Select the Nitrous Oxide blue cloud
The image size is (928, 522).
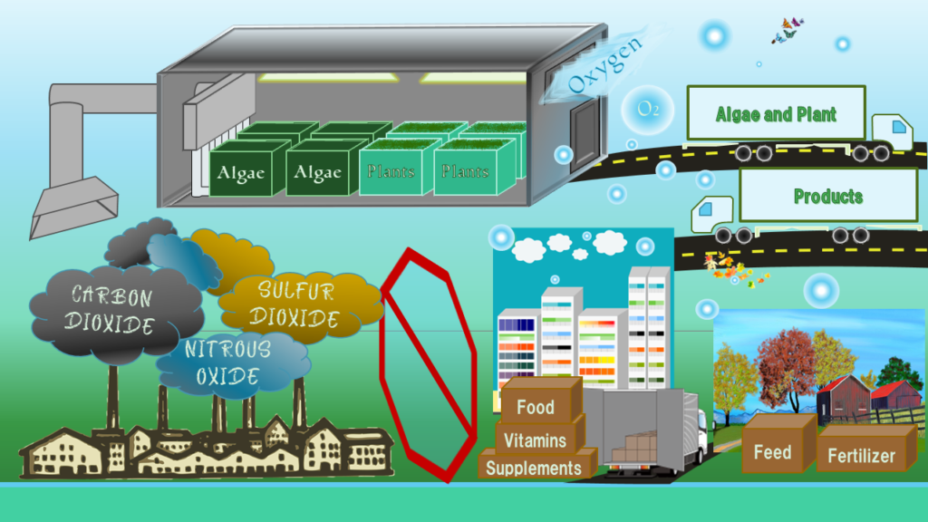click(x=227, y=362)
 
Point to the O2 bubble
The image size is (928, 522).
click(x=647, y=110)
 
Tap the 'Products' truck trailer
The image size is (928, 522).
click(x=826, y=196)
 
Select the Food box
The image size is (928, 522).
click(x=536, y=405)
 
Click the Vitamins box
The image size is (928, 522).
click(x=536, y=440)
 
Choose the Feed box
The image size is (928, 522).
click(x=772, y=450)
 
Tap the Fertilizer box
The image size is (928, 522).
click(x=861, y=455)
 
